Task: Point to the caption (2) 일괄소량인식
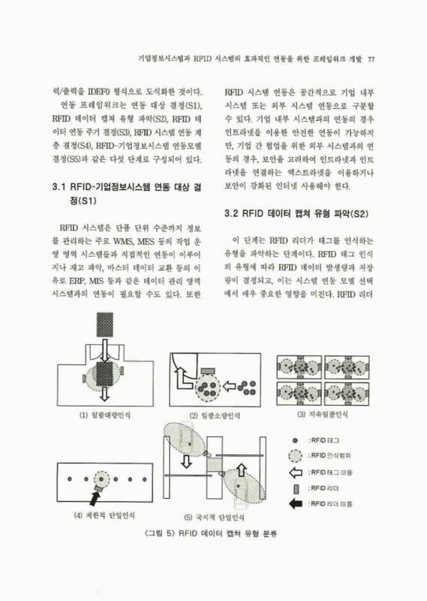point(215,415)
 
